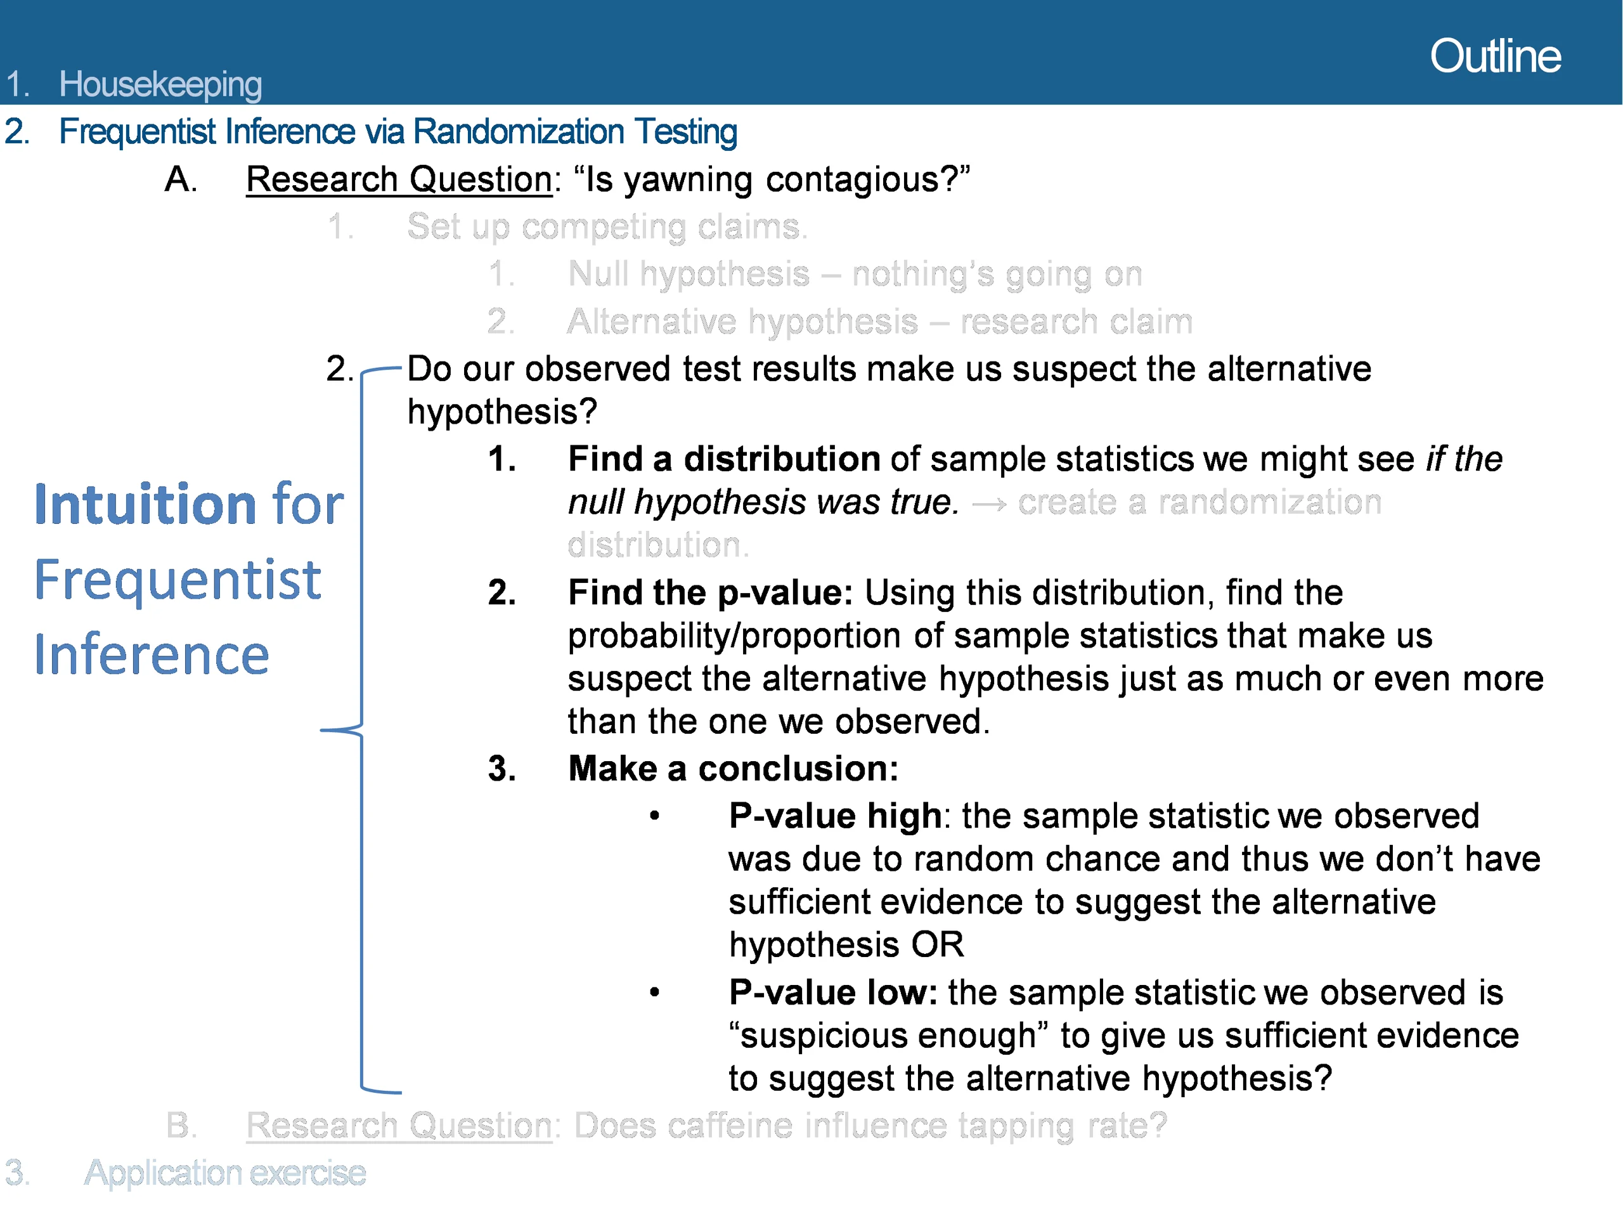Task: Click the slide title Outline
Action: point(1496,56)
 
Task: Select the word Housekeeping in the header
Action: point(160,85)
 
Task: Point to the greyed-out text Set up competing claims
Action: point(607,227)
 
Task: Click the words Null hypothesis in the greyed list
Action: point(689,275)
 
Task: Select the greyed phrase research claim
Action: point(1076,322)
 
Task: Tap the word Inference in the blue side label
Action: point(152,654)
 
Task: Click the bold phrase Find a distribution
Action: point(723,459)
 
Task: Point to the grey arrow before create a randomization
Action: point(988,504)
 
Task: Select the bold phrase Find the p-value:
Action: point(710,593)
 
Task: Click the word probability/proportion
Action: point(734,636)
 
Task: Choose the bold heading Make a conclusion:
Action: point(733,769)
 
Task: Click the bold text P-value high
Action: point(835,816)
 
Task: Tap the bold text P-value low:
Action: point(833,993)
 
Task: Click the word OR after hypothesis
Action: point(937,945)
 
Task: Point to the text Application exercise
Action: point(224,1173)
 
